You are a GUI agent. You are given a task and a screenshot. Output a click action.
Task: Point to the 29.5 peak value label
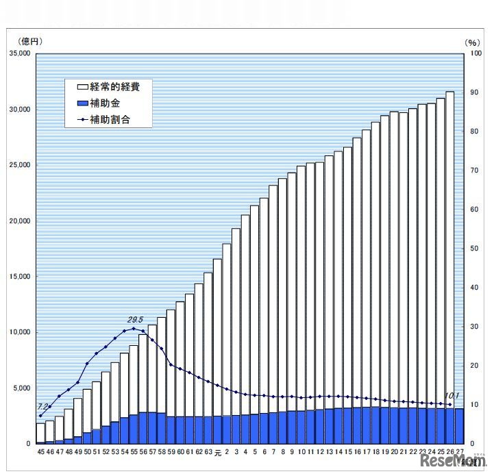[136, 319]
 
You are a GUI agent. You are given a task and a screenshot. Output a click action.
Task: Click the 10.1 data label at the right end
[452, 395]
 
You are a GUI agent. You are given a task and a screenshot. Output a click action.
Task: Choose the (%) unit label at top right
[473, 42]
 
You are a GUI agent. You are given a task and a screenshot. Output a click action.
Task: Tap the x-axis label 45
[40, 453]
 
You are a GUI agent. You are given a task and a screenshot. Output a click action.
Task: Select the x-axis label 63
[208, 453]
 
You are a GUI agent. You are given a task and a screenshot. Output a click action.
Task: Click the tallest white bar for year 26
[450, 247]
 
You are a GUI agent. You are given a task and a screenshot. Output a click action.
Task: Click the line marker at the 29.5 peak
[134, 329]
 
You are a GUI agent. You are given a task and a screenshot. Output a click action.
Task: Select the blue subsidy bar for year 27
[459, 426]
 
